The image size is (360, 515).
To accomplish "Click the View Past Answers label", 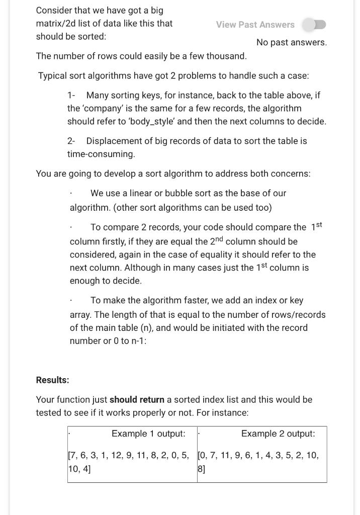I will click(255, 25).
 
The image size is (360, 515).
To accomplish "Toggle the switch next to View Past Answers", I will click(314, 25).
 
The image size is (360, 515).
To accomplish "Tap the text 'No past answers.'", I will click(291, 43).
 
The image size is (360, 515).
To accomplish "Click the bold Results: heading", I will click(52, 380).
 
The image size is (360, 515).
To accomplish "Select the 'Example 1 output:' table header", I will click(148, 434).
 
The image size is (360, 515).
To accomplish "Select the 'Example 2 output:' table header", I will click(278, 434).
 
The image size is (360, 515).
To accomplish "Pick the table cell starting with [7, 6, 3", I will click(132, 462).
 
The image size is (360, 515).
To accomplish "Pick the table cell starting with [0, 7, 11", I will click(261, 462).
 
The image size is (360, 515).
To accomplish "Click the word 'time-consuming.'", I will click(101, 154).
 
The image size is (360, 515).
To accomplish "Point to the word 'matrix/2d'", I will click(55, 24).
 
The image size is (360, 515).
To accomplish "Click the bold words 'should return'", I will click(137, 400).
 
